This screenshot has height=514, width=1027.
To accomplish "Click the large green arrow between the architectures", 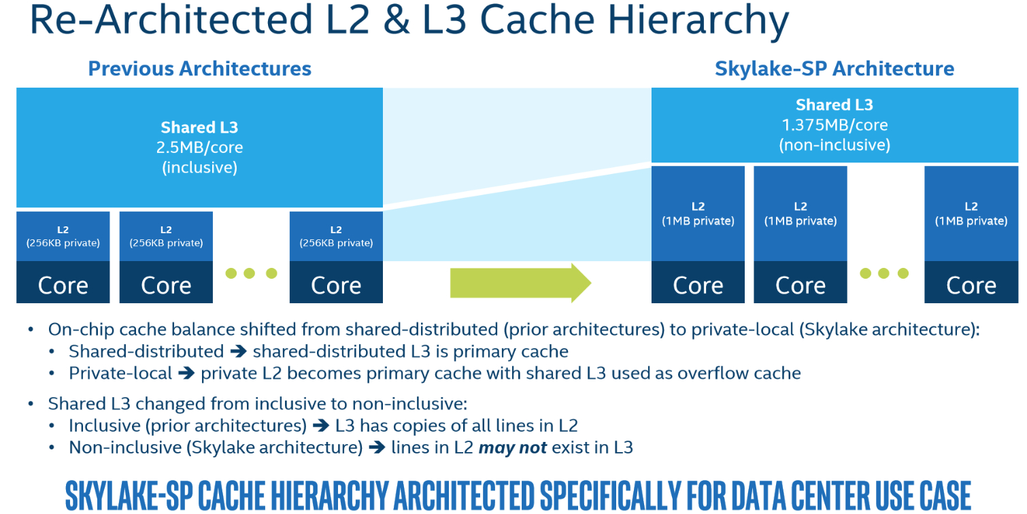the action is (520, 283).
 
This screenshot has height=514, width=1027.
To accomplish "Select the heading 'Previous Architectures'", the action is (199, 69).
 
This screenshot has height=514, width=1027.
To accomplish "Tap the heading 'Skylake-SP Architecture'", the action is (835, 69).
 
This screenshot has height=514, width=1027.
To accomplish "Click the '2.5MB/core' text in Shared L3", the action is (199, 147).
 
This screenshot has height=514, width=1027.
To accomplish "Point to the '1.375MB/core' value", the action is (835, 124).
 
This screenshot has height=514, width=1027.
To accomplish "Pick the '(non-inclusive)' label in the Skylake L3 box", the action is (835, 145).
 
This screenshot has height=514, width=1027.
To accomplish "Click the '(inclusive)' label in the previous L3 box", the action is (199, 167).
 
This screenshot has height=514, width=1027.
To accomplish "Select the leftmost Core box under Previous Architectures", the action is (63, 282).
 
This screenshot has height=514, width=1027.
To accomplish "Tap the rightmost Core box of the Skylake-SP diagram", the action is (971, 282).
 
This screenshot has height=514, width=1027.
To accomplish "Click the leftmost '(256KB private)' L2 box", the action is (63, 236).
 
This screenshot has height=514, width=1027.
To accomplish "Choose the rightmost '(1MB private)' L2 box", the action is (971, 213).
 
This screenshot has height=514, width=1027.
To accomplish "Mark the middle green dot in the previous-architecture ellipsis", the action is (250, 273).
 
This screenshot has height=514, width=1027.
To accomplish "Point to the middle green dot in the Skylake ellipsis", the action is (883, 273).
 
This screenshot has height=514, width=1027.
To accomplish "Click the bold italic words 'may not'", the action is (513, 447).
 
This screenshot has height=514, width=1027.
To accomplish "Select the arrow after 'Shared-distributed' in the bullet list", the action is (239, 352).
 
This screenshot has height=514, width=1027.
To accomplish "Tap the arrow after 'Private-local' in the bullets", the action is (186, 373).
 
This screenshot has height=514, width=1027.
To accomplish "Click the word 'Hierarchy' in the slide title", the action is (698, 20).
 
